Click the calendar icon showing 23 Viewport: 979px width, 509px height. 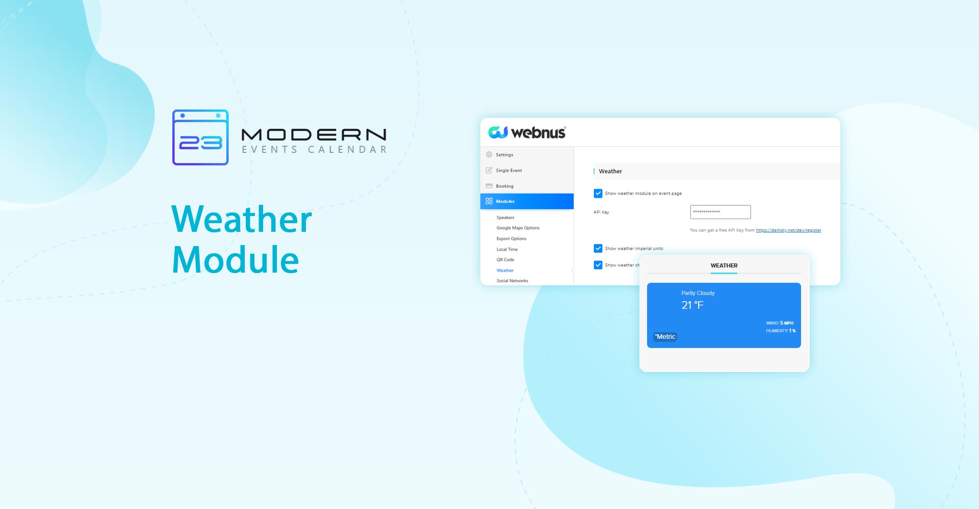click(x=200, y=137)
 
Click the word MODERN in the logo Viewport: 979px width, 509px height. click(x=314, y=135)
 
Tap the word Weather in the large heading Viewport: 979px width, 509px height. click(x=242, y=220)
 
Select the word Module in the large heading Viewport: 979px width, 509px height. click(x=235, y=260)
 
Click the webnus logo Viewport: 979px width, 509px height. click(x=527, y=132)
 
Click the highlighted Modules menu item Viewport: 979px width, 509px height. click(x=527, y=201)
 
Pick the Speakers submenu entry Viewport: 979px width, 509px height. click(x=505, y=218)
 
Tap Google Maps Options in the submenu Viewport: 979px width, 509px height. click(x=518, y=228)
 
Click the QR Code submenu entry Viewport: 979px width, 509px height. click(x=505, y=260)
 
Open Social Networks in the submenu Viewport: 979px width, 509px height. click(x=512, y=281)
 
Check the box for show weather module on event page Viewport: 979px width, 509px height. click(x=598, y=194)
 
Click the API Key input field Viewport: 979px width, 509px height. click(x=720, y=212)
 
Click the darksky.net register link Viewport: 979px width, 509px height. click(x=788, y=230)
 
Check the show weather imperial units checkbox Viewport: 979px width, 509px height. click(x=598, y=249)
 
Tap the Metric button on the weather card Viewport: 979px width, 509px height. click(x=665, y=337)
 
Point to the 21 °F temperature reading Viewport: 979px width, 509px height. click(x=692, y=305)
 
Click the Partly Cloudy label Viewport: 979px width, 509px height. click(x=698, y=293)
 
